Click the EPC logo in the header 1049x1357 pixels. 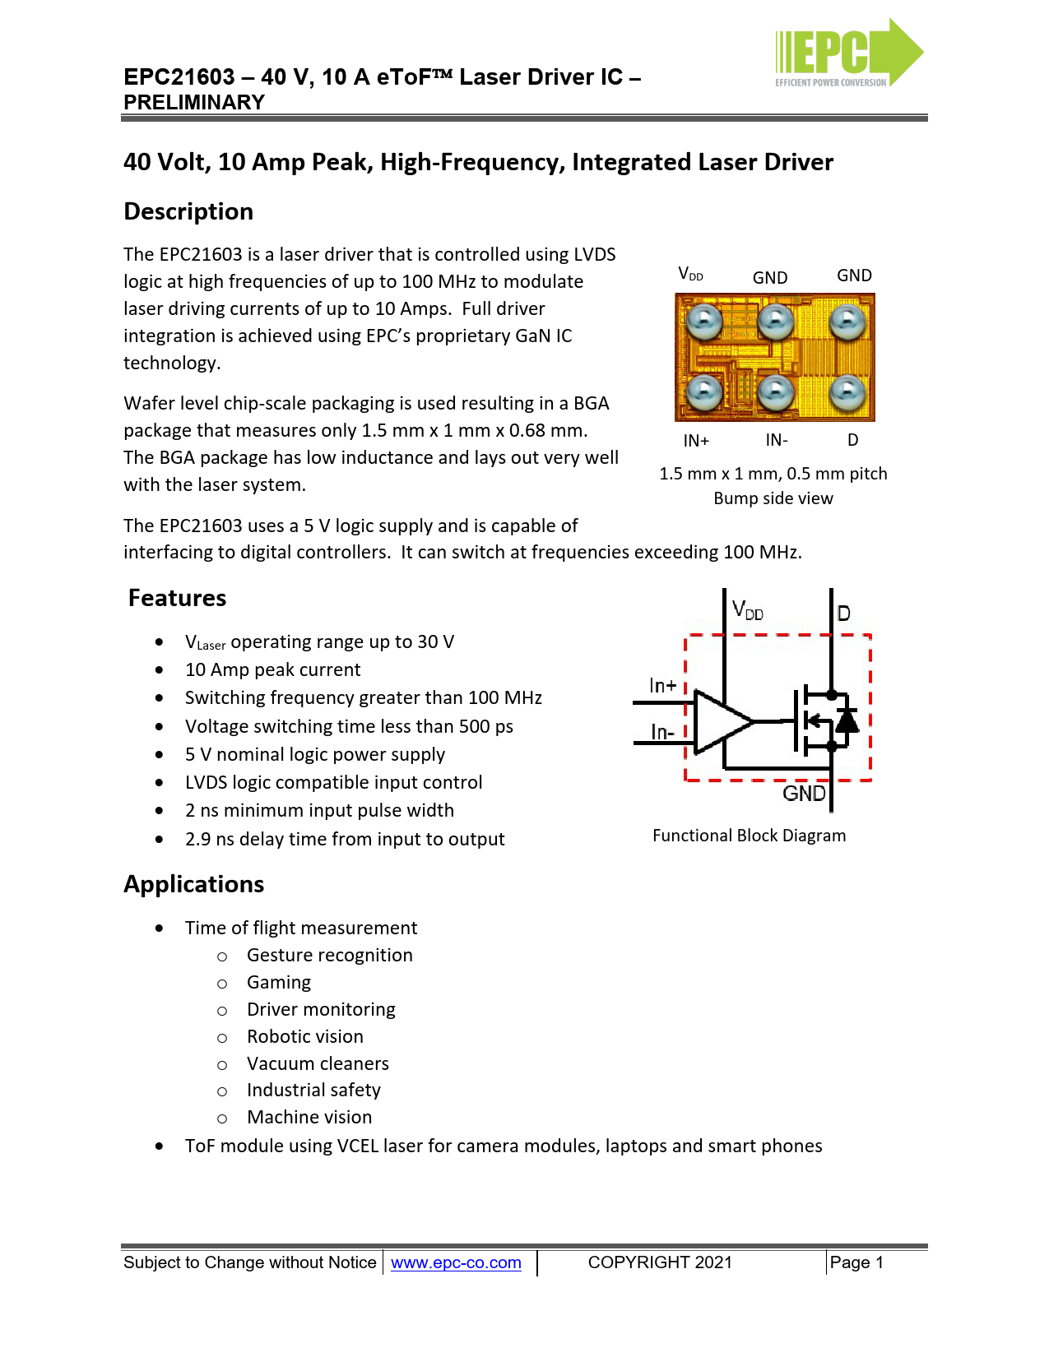[848, 53]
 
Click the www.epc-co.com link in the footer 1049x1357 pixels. [456, 1262]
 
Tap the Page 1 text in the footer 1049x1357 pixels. [856, 1262]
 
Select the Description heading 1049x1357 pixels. [188, 211]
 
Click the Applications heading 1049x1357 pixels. [193, 884]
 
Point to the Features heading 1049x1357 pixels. [177, 598]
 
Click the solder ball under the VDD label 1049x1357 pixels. [704, 322]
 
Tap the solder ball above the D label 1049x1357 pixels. [847, 394]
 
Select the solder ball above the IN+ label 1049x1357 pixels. [704, 394]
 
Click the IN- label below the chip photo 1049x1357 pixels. [777, 440]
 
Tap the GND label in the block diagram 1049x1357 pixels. [804, 794]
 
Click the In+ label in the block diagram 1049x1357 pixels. [663, 686]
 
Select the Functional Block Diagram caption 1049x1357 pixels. [749, 836]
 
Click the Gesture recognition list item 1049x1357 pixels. [329, 956]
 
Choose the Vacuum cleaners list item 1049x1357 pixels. [318, 1063]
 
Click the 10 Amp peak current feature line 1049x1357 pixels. [272, 670]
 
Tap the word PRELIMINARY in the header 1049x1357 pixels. [193, 103]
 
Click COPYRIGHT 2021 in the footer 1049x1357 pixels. [660, 1262]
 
